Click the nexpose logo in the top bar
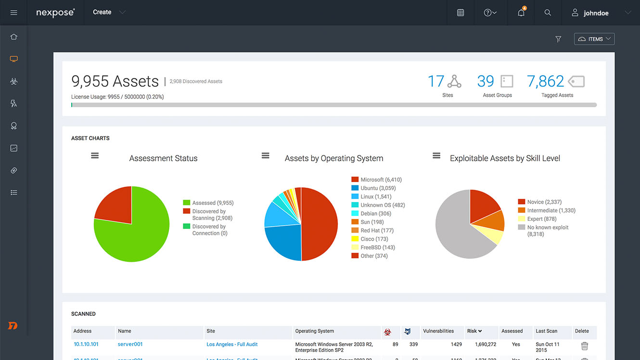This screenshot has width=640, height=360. (x=55, y=13)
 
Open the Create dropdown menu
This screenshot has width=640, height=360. (x=109, y=13)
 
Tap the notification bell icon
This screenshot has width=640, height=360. (x=521, y=13)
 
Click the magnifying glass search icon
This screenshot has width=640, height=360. (x=548, y=13)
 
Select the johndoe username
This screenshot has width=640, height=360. (x=596, y=13)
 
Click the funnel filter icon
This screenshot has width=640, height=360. (x=558, y=39)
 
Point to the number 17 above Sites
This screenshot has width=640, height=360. (x=436, y=81)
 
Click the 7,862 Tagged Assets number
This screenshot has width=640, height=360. (x=545, y=81)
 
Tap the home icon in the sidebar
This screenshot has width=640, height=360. (x=13, y=37)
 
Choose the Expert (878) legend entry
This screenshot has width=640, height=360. (x=541, y=219)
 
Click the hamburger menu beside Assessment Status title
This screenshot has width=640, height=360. (x=95, y=155)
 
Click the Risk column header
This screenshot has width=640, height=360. (x=474, y=331)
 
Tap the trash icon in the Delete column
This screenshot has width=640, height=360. (x=585, y=346)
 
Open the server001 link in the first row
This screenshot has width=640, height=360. (x=130, y=344)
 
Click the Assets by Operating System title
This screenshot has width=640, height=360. (x=334, y=158)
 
